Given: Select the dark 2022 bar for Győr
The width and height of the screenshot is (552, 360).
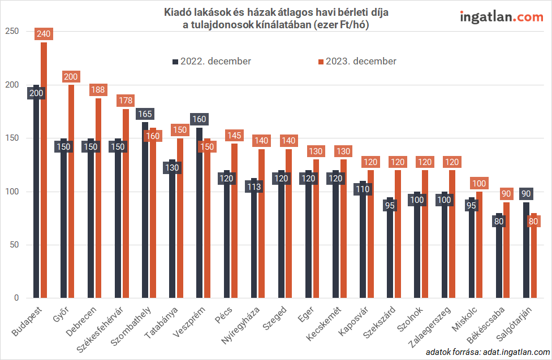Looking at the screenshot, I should (64, 226).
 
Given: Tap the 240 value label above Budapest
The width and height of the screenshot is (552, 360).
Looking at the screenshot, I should (44, 34).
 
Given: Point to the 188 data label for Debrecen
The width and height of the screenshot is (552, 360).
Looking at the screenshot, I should (98, 90).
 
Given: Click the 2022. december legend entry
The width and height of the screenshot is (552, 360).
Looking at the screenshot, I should (212, 61).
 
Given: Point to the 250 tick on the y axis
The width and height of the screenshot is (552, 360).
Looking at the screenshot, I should (11, 32).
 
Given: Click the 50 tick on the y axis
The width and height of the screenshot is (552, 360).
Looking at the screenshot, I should (13, 245).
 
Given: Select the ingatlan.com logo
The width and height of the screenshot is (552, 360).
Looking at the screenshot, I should (501, 17).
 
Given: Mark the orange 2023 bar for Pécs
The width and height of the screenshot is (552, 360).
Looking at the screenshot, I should (234, 220).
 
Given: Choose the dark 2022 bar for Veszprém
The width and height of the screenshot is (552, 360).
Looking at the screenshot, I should (200, 215).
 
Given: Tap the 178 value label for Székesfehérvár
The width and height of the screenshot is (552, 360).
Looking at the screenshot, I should (126, 101).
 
